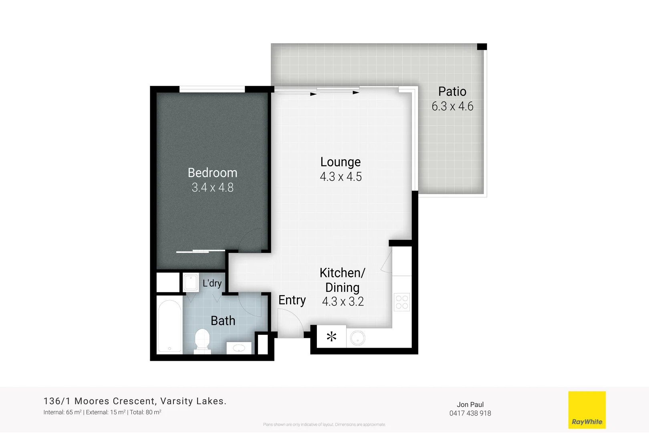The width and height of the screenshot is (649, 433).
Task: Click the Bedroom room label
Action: pos(212,173)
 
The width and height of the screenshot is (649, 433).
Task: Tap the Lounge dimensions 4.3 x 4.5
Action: pos(341,177)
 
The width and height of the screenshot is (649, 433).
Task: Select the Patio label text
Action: pos(452,91)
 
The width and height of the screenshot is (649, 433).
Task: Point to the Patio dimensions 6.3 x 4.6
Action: pos(452,106)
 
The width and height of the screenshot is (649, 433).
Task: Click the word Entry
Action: pos(292,300)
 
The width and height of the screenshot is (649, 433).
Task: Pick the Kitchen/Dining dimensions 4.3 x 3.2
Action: pos(343,301)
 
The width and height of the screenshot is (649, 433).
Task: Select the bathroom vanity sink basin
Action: pos(239,348)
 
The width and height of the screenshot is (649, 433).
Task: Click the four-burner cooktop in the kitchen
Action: pos(401,302)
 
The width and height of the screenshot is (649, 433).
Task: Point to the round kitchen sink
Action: pos(357,338)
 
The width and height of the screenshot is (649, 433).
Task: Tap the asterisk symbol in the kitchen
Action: pos(331,336)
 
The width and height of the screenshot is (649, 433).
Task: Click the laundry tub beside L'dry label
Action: pos(191,283)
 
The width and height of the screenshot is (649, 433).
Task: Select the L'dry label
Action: pos(212,283)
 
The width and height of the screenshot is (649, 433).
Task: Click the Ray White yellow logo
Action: pos(587,410)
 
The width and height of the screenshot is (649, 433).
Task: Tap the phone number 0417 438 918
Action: pos(470,413)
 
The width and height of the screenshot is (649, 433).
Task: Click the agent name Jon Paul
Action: pos(470,405)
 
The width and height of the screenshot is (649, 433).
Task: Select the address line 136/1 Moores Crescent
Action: pos(135,401)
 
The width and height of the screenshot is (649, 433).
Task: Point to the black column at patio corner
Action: pos(482,47)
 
